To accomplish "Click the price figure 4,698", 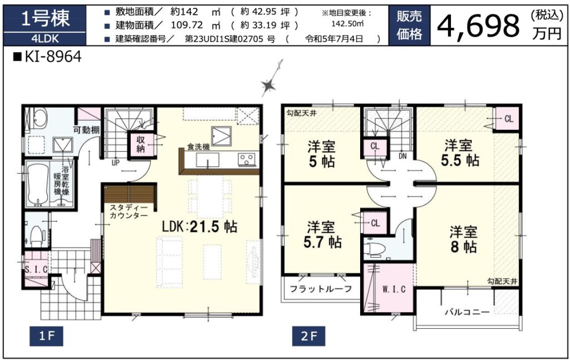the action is click(x=478, y=26).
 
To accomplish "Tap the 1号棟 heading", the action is click(x=46, y=19).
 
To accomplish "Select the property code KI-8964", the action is click(x=48, y=57).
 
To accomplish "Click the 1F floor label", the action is click(x=47, y=336).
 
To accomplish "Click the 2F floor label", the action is click(x=308, y=336).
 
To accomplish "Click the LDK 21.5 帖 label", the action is click(x=200, y=226).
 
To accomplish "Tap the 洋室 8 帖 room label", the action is click(x=463, y=239).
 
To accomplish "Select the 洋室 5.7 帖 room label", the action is click(x=322, y=235).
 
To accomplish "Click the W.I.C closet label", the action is click(x=394, y=289).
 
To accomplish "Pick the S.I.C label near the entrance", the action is click(x=36, y=269).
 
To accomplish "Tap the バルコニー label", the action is click(x=467, y=312).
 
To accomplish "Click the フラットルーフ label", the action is click(x=321, y=289).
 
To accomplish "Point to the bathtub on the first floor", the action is click(x=38, y=185).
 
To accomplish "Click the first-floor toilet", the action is click(x=36, y=234).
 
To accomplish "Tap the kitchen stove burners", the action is click(x=247, y=159).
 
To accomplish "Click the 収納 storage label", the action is click(x=141, y=144).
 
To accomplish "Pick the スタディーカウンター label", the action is click(x=129, y=211).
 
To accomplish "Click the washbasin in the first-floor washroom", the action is click(x=39, y=119).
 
